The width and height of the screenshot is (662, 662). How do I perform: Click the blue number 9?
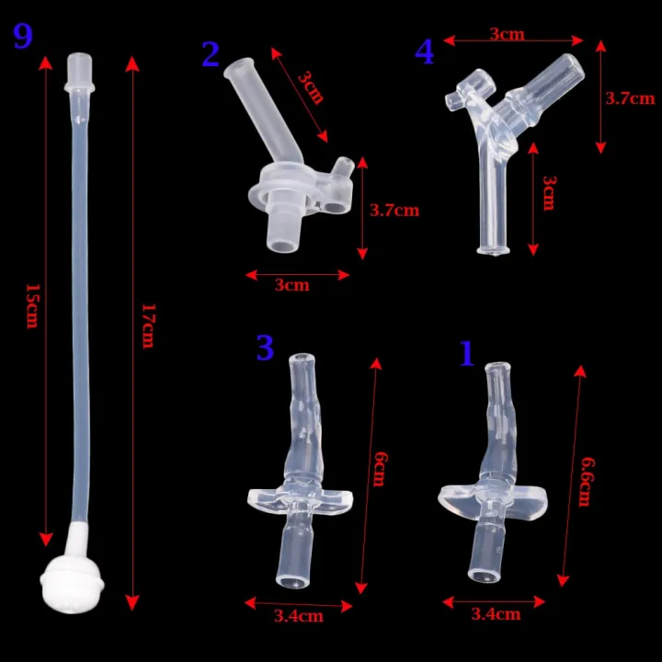pos(23,36)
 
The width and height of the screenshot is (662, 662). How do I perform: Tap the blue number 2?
pos(211,54)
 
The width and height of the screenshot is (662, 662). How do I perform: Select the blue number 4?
pos(424,51)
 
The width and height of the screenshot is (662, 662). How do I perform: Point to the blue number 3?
pos(265,348)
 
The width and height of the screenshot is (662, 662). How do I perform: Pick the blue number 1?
pos(466,353)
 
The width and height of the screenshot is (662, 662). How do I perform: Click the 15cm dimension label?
pos(33,306)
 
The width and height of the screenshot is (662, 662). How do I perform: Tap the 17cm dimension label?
pos(148,325)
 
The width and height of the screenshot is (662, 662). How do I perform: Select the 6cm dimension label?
pos(380,469)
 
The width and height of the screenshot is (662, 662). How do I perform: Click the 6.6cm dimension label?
pos(586,482)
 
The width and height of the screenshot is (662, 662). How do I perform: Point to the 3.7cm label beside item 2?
pos(394,211)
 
